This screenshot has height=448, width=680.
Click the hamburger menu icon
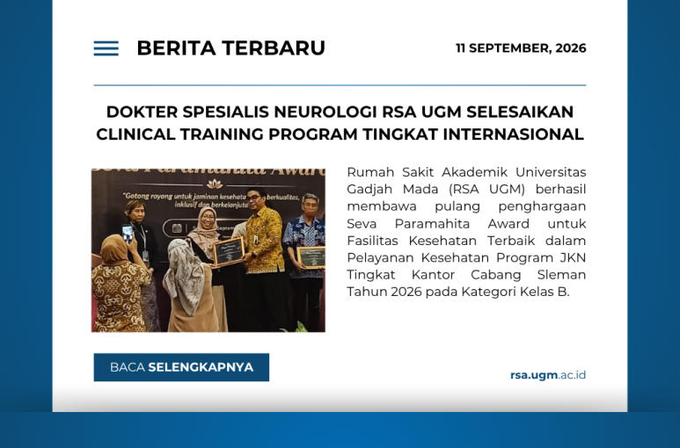pyautogui.click(x=106, y=48)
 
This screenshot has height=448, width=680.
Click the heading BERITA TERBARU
pyautogui.click(x=230, y=48)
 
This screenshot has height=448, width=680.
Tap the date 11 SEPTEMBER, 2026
pyautogui.click(x=521, y=48)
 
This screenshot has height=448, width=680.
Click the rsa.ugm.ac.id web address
pyautogui.click(x=548, y=375)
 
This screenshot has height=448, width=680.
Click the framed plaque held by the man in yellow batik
pyautogui.click(x=229, y=251)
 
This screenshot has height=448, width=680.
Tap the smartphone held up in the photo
pyautogui.click(x=128, y=234)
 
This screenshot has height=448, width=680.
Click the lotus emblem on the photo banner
pyautogui.click(x=215, y=184)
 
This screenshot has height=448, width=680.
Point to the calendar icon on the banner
pyautogui.click(x=177, y=228)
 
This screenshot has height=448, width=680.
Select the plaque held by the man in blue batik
pyautogui.click(x=311, y=257)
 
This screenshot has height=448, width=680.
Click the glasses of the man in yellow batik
pyautogui.click(x=253, y=198)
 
